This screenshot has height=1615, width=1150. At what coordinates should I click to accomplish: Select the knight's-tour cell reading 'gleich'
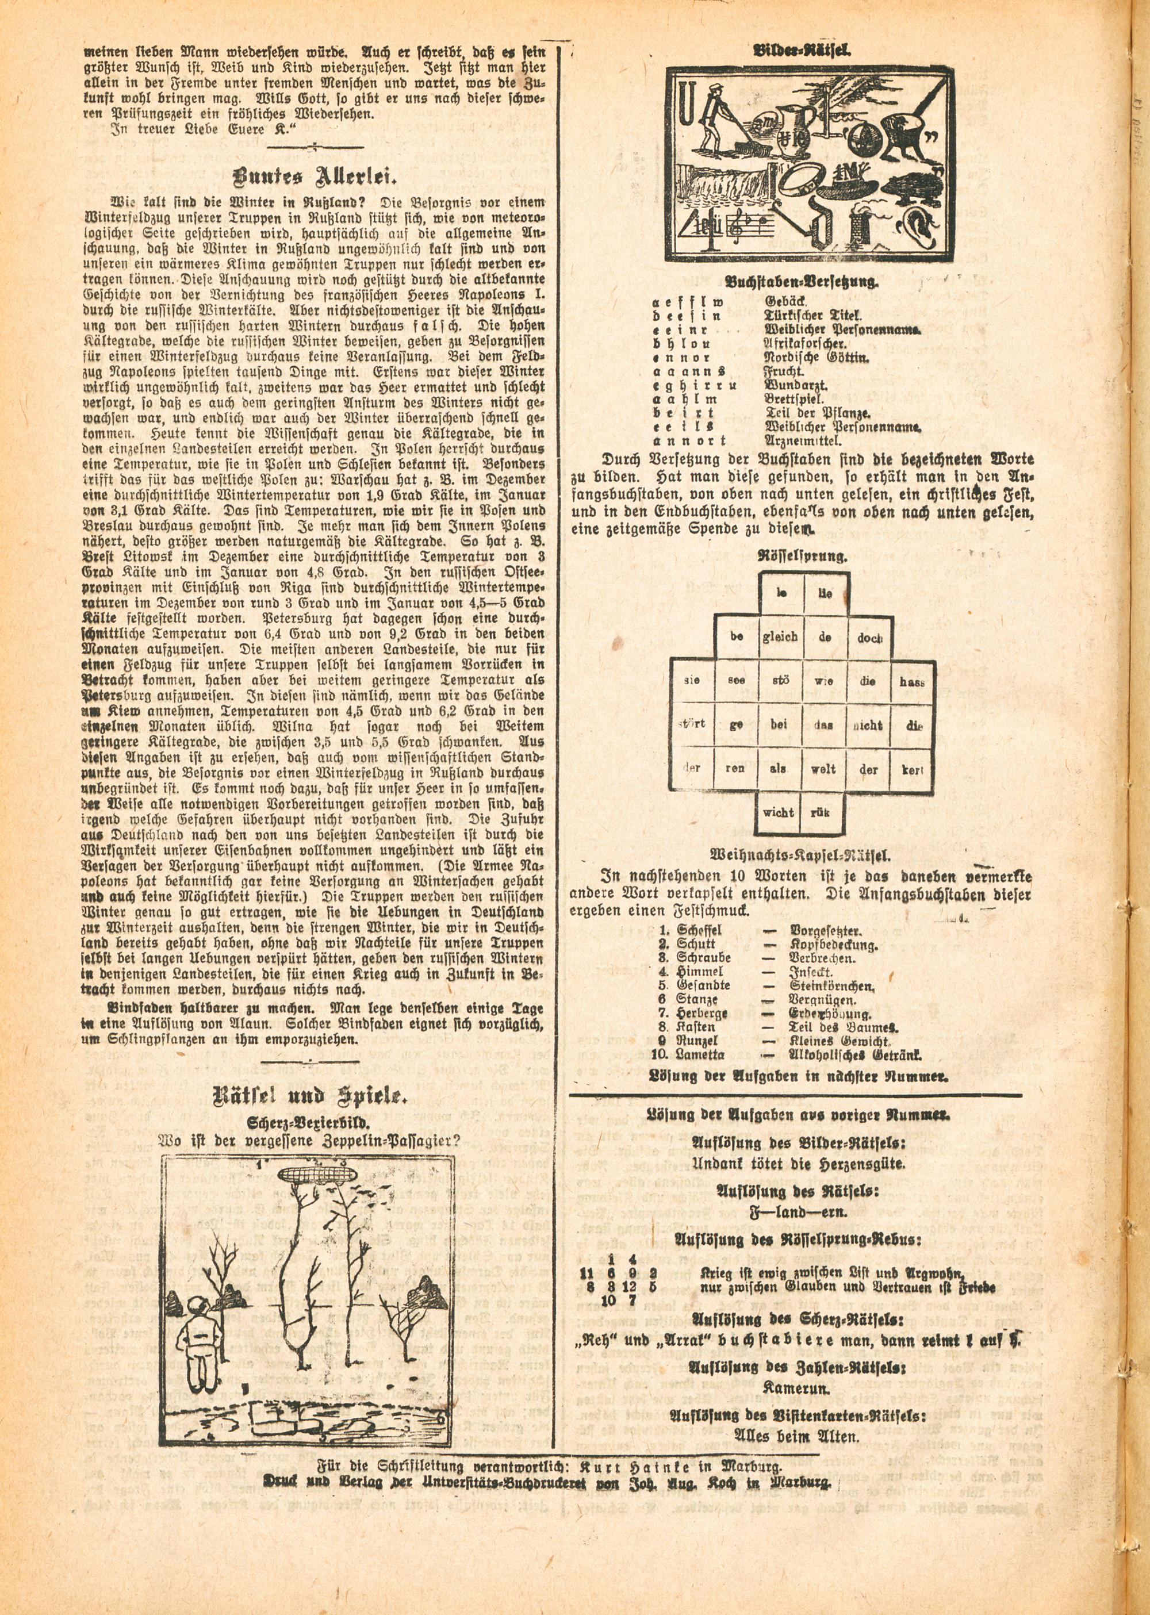[x=780, y=636]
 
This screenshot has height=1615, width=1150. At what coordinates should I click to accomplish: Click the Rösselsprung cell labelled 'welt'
[x=823, y=769]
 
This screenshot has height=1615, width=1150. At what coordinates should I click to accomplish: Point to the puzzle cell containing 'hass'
[x=912, y=681]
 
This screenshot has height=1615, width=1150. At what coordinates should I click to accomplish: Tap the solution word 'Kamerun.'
[x=795, y=1462]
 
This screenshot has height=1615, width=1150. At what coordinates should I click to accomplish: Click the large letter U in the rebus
[x=685, y=103]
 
